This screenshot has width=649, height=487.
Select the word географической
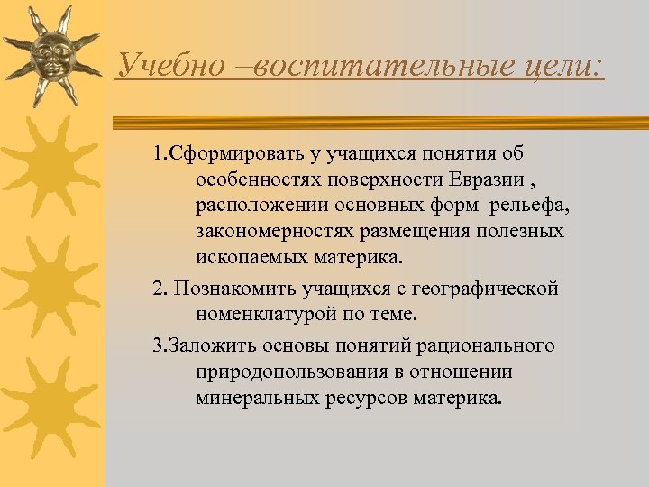490,289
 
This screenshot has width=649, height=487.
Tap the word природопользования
287,372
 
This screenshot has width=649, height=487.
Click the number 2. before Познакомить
160,289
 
